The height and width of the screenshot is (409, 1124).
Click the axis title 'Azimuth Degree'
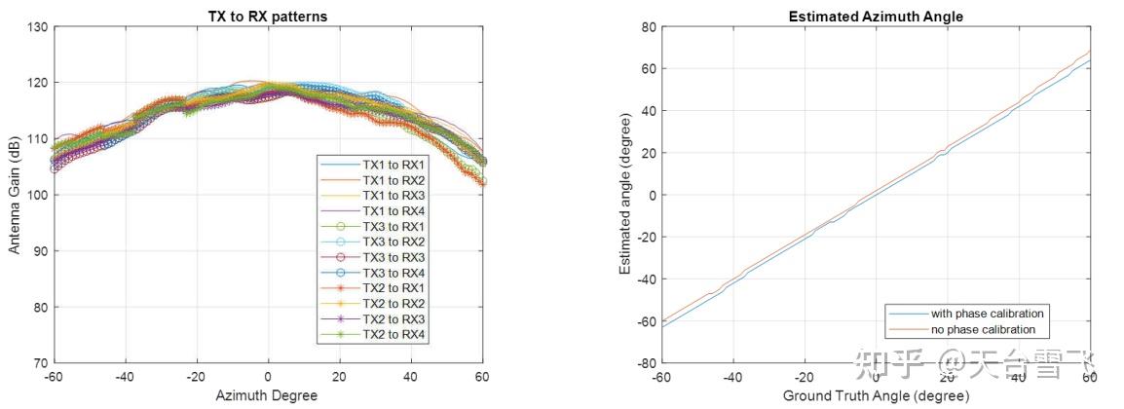(267, 395)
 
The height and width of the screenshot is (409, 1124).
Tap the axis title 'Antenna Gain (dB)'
(15, 195)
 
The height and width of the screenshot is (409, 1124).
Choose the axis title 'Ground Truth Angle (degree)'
(875, 395)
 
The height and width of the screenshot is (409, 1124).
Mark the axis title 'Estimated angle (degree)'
(624, 195)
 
